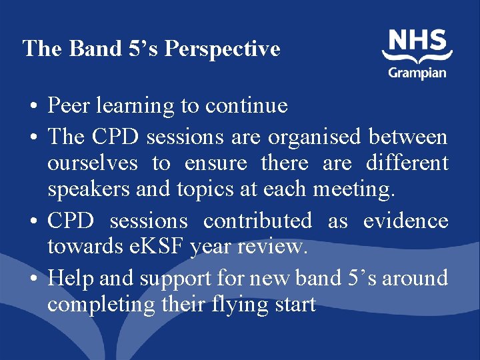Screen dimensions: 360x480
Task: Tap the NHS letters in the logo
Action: coord(417,43)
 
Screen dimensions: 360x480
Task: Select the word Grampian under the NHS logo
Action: coord(417,72)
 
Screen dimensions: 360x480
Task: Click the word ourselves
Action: coord(92,163)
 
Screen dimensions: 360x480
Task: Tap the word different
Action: coord(407,163)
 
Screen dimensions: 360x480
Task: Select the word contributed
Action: coord(257,221)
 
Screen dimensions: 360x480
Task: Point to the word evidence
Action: coord(406,221)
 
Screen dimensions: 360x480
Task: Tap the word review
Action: coord(275,248)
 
